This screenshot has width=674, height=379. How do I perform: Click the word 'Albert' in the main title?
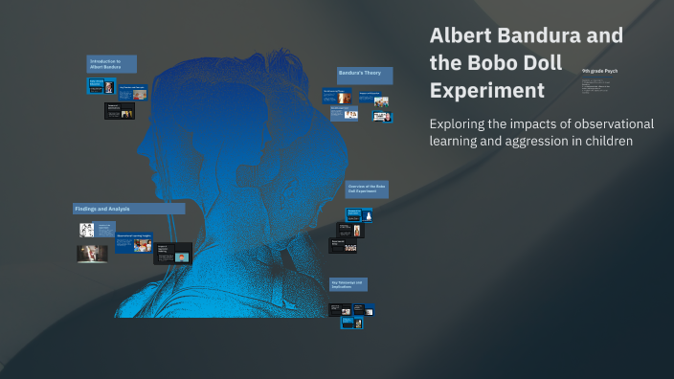click(461, 36)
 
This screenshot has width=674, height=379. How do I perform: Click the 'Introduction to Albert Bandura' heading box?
click(111, 63)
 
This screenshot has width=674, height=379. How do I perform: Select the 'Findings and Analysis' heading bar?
click(128, 208)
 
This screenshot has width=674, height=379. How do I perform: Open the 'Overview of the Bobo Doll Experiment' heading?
click(367, 189)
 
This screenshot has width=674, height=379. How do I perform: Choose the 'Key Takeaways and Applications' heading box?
click(348, 285)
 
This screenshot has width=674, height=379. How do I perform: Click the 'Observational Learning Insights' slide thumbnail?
click(133, 242)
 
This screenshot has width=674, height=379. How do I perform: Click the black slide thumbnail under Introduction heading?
click(119, 111)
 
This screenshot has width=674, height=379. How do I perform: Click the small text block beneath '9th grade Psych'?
click(599, 87)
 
